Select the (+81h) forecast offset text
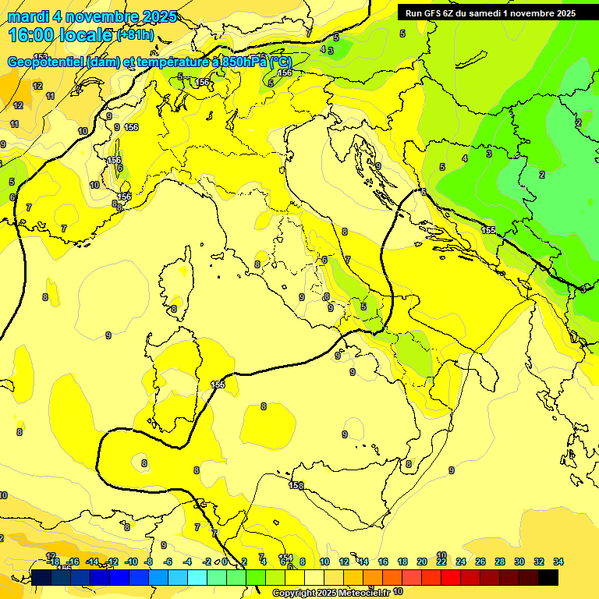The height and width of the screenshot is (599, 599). coord(134,35)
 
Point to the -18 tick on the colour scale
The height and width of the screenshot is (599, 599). coord(53,562)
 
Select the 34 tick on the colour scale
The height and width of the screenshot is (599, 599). coord(558,562)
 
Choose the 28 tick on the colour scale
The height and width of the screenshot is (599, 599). coord(500,562)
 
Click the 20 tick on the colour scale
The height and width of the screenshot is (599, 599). coord(422,562)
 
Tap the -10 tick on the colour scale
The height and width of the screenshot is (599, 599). coord(131,562)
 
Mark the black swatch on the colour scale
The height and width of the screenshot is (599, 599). coord(548,577)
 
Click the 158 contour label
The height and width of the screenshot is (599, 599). coord(296,485)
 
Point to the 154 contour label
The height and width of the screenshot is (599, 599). coord(286,558)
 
